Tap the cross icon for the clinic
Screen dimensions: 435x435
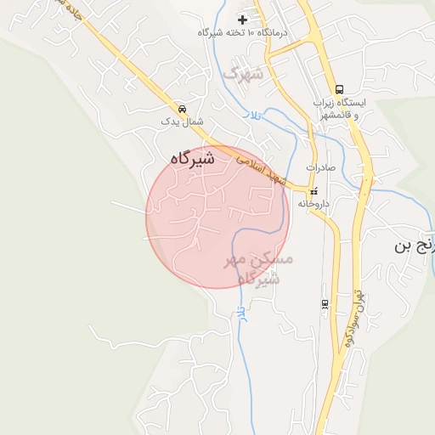pyautogui.click(x=243, y=19)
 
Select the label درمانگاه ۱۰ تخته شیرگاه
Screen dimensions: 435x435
pyautogui.click(x=243, y=32)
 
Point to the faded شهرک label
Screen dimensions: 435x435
pyautogui.click(x=245, y=74)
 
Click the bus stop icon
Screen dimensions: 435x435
pyautogui.click(x=340, y=89)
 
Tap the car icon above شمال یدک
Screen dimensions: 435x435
pyautogui.click(x=183, y=109)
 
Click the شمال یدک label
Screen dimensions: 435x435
pyautogui.click(x=183, y=122)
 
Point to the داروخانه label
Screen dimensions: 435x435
pyautogui.click(x=314, y=204)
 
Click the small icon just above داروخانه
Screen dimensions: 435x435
pyautogui.click(x=314, y=191)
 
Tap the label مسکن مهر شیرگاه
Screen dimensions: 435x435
pyautogui.click(x=258, y=268)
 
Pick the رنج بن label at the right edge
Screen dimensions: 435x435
pyautogui.click(x=415, y=246)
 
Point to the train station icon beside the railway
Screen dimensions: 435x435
pyautogui.click(x=325, y=303)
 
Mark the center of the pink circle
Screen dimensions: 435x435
pyautogui.click(x=217, y=217)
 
